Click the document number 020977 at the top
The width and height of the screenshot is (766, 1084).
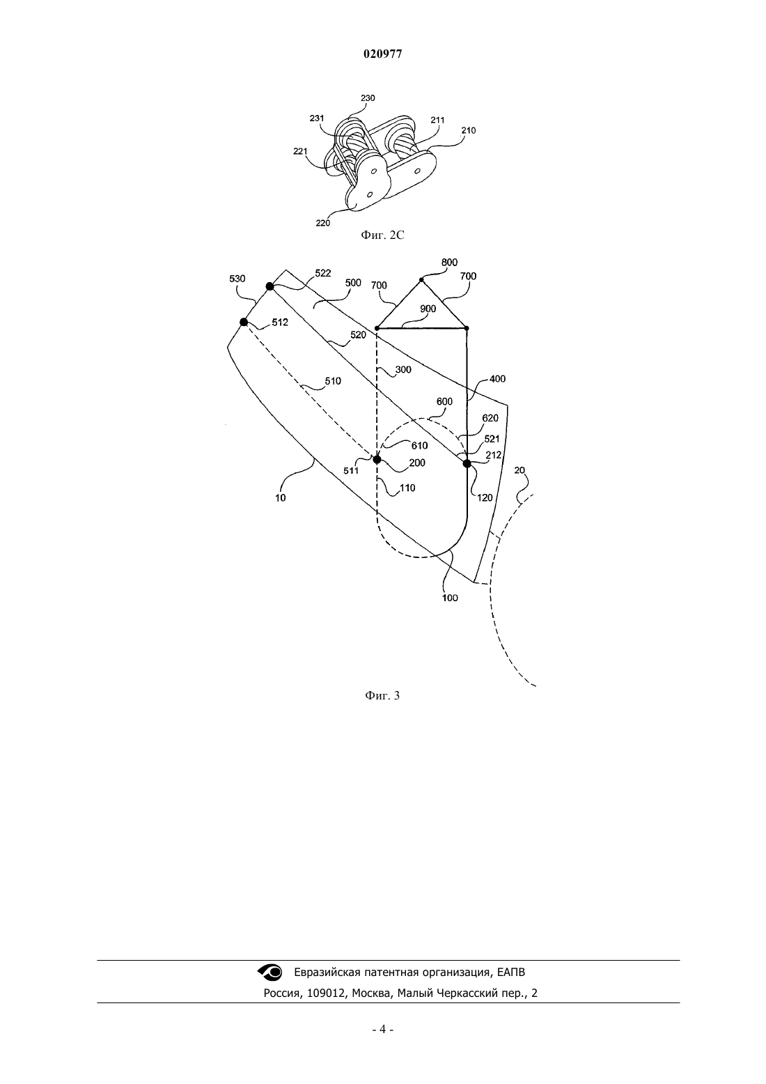click(x=382, y=54)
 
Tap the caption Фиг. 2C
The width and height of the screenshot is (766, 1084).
click(x=382, y=235)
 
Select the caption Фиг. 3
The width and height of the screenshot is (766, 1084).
click(x=382, y=695)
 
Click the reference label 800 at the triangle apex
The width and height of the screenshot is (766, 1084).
click(x=449, y=262)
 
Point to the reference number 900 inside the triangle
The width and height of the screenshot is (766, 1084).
click(x=428, y=309)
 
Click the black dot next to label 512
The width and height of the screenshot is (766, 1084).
click(x=244, y=322)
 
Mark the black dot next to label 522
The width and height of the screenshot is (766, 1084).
click(x=270, y=286)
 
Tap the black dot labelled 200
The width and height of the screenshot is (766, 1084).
click(x=377, y=459)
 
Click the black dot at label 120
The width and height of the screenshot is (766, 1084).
click(x=467, y=463)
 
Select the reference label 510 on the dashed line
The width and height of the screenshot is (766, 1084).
click(x=333, y=381)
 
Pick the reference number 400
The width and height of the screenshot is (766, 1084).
click(x=498, y=379)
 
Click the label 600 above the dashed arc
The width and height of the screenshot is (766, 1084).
click(x=444, y=401)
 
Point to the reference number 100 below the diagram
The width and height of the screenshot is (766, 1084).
click(x=450, y=598)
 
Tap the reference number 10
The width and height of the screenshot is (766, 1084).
click(x=281, y=497)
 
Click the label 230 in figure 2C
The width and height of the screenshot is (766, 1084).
click(x=368, y=98)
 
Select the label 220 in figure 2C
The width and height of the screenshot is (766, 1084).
click(x=322, y=223)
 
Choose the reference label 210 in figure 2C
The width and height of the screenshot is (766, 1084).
click(x=468, y=130)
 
